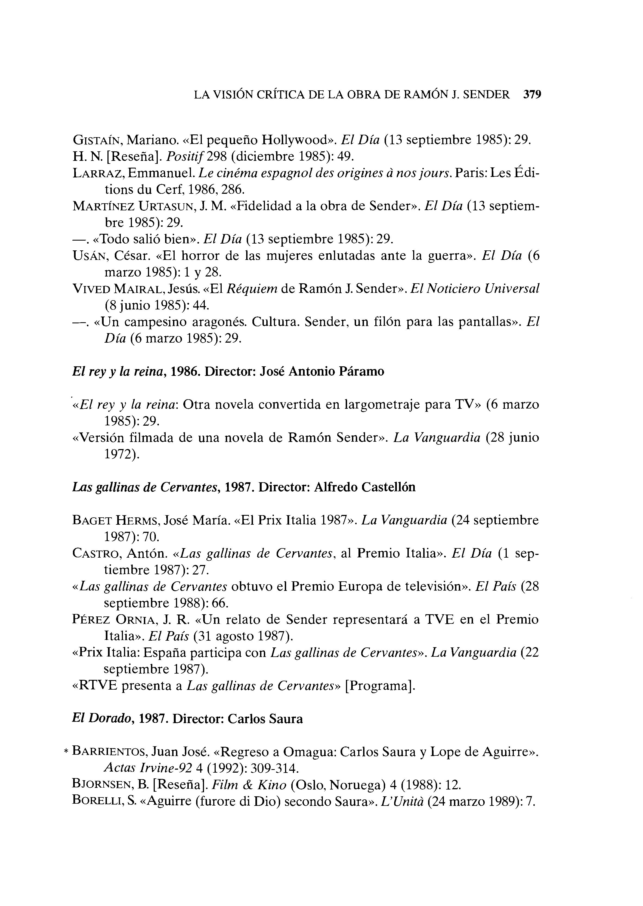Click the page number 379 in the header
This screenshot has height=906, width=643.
pyautogui.click(x=532, y=95)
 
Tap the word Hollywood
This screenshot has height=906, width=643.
pyautogui.click(x=298, y=140)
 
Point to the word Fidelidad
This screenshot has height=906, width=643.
pyautogui.click(x=270, y=206)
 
